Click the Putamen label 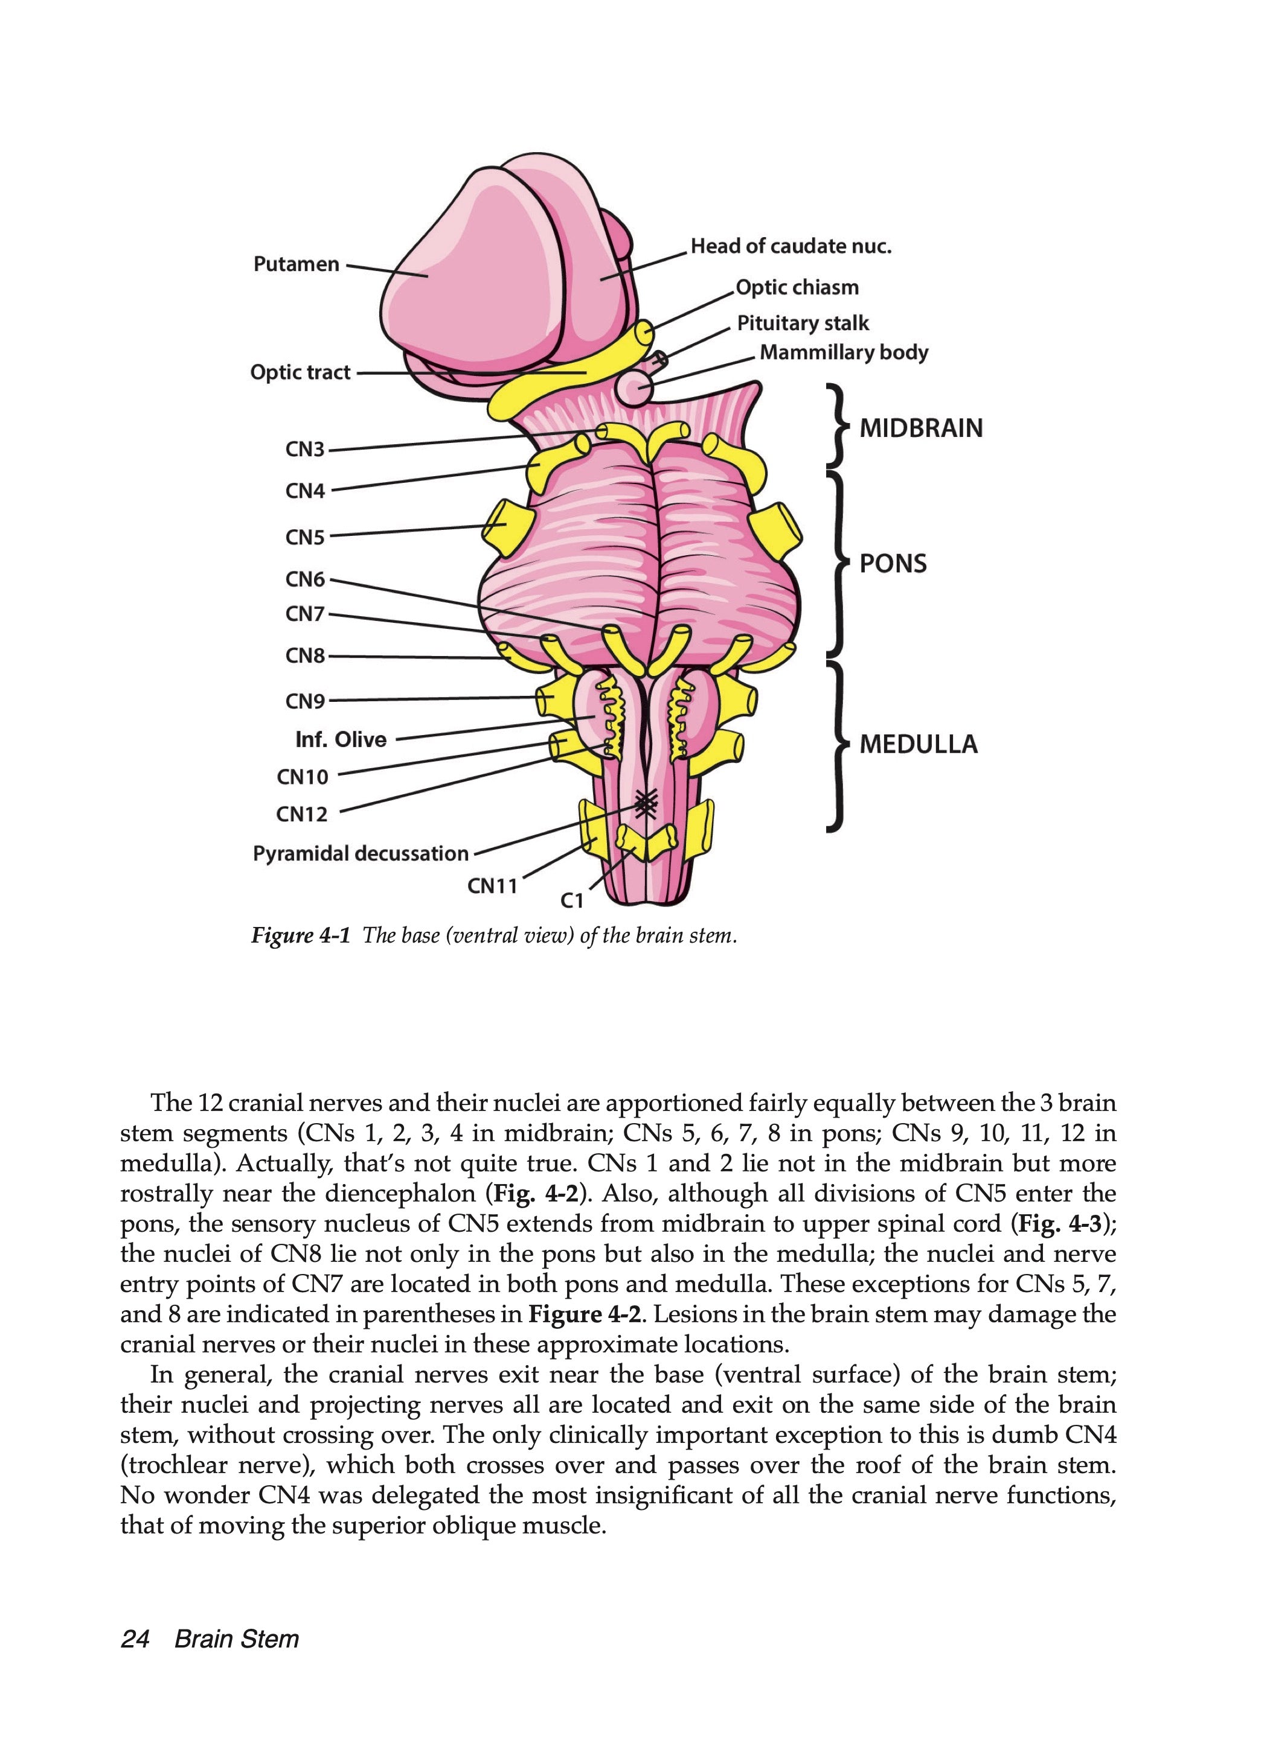[x=297, y=264]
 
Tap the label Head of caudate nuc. [x=791, y=247]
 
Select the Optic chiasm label [x=797, y=288]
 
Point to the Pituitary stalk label [x=803, y=323]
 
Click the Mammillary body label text [x=844, y=352]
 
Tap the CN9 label [x=305, y=701]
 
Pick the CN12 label [x=302, y=814]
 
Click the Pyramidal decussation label [x=361, y=853]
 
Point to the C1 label [x=572, y=900]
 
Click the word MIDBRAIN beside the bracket [x=921, y=428]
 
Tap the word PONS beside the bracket [x=893, y=563]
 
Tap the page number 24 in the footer [x=135, y=1640]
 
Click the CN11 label [x=493, y=886]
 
